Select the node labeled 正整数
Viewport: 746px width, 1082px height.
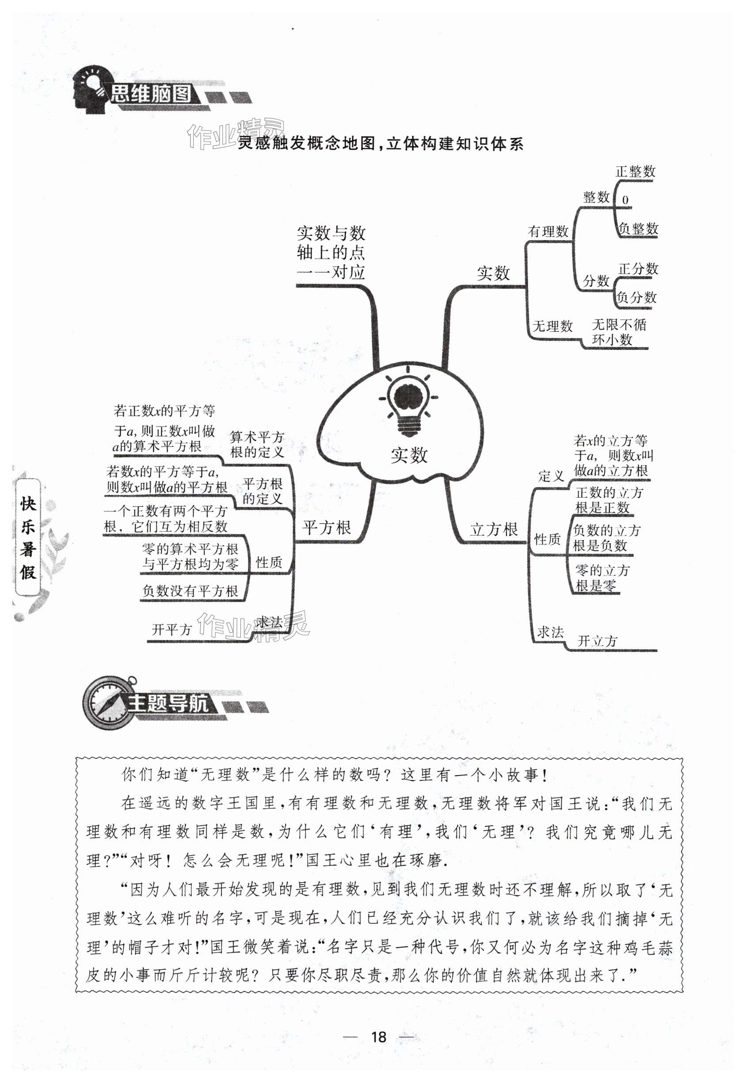point(635,171)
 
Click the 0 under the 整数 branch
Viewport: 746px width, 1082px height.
point(625,200)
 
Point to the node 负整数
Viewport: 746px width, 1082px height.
point(638,229)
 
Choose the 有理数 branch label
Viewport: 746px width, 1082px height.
point(548,231)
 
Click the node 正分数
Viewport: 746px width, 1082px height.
point(638,269)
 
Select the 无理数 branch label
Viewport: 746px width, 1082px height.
point(552,326)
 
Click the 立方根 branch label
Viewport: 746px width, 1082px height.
point(494,530)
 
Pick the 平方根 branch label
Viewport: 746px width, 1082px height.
point(326,528)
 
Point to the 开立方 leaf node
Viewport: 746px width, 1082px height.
point(598,641)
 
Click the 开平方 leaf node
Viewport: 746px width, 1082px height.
point(171,629)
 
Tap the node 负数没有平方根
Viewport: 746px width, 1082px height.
point(190,591)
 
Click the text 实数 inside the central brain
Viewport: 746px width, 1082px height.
point(409,455)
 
